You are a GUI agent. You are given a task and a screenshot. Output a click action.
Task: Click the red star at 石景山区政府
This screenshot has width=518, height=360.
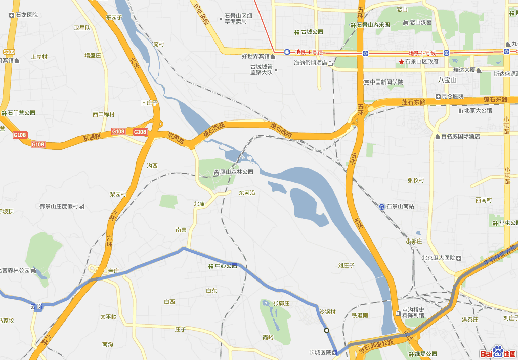coord(402,62)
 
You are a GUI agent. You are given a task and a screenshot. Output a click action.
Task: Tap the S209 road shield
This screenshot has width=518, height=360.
coord(9,52)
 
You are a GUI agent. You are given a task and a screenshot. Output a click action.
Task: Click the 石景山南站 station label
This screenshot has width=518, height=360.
coord(400,206)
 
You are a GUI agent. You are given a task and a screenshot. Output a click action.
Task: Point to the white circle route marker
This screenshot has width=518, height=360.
coord(327,331)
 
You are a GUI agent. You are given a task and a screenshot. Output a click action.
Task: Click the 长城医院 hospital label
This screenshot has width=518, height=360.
coord(320,352)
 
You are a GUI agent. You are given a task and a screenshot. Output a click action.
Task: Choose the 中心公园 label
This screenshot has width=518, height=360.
coord(226,266)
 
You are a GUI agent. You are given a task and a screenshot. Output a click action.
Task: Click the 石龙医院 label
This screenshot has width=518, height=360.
coord(26,15)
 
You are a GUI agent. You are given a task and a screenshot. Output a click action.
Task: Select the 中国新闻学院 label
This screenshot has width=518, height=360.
coord(386,82)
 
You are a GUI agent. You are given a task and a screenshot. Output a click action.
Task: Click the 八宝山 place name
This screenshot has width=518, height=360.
coord(447,79)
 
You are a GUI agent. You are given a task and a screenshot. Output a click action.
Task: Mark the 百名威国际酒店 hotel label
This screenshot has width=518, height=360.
coord(460,136)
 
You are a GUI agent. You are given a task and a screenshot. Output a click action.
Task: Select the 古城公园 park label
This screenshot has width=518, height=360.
coord(312,32)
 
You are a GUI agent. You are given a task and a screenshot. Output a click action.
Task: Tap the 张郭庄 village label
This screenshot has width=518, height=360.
coord(281,303)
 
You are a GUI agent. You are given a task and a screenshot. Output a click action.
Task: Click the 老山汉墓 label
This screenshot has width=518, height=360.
coord(420,22)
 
